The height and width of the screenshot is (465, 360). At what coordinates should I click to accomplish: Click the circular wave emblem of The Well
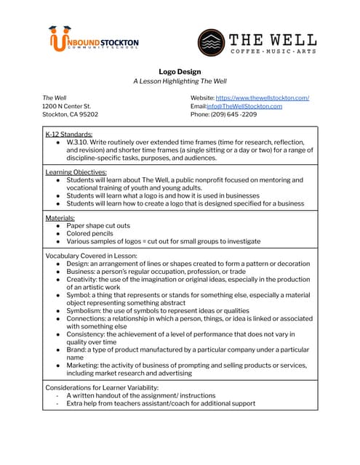(211, 43)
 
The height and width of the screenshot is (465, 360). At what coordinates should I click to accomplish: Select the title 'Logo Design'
(180, 72)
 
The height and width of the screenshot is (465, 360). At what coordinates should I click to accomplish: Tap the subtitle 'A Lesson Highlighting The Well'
(180, 81)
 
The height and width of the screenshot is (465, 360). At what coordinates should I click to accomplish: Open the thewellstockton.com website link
(262, 97)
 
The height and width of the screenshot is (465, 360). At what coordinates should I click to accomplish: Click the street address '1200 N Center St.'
(67, 106)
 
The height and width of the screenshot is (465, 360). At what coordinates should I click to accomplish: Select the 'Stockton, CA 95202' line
(70, 114)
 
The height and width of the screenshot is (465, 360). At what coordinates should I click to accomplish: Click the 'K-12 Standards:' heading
(68, 134)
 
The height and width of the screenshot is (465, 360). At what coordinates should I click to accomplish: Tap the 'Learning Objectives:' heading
(76, 172)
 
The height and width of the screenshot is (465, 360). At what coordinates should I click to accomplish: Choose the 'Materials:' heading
(60, 218)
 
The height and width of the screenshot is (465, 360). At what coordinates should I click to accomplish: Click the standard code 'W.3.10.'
(79, 142)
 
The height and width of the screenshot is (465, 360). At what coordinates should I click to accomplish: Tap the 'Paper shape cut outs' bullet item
(98, 226)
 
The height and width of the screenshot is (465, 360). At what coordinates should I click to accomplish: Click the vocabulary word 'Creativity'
(81, 280)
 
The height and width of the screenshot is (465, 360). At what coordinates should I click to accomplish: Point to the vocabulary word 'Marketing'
(82, 365)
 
